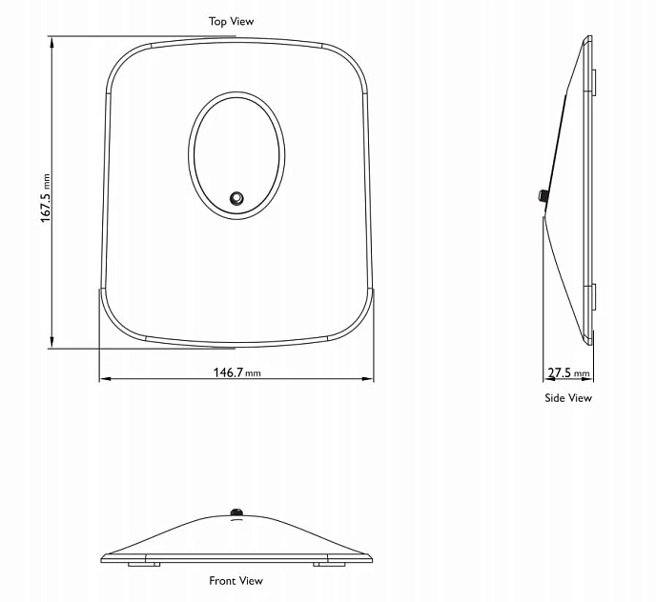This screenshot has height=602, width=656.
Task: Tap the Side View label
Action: click(567, 398)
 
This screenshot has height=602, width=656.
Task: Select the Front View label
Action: click(236, 580)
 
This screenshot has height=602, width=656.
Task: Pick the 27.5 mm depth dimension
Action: click(568, 372)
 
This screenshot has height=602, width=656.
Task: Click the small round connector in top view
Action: click(236, 198)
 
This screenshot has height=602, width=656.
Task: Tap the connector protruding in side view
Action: click(541, 197)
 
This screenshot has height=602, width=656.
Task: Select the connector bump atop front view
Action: click(236, 513)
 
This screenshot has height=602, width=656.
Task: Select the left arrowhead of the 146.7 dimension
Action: click(104, 379)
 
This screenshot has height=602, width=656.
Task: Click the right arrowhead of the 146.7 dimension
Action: click(369, 379)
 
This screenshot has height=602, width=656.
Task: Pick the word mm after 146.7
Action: click(254, 373)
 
